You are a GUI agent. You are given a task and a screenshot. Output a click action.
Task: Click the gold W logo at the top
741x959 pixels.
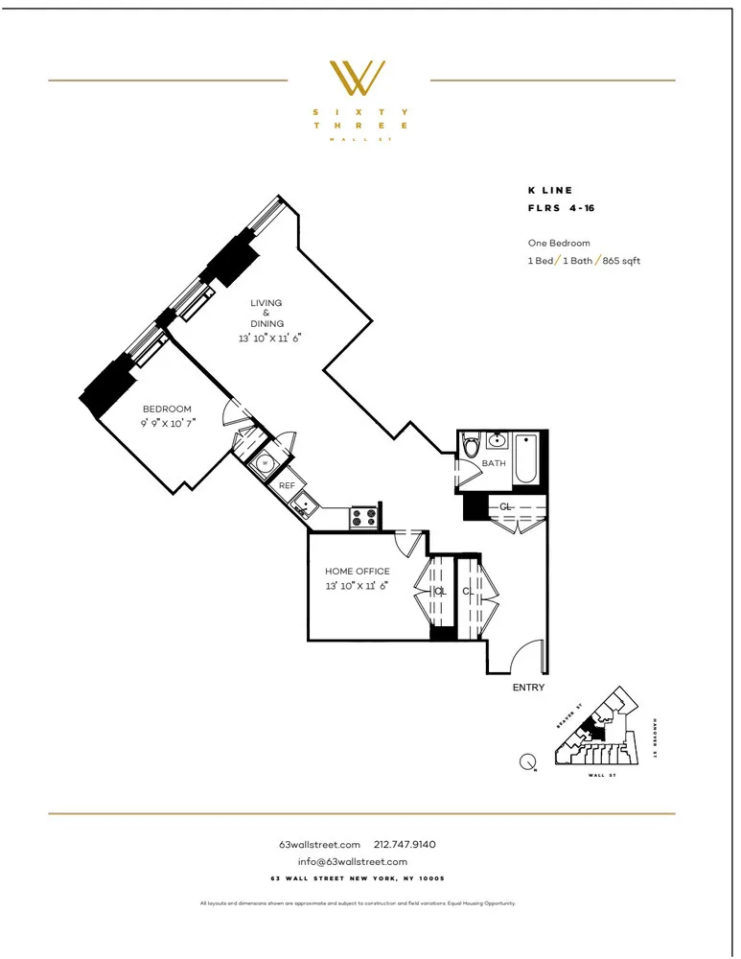[358, 79]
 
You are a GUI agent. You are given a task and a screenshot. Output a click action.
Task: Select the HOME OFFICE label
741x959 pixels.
[357, 572]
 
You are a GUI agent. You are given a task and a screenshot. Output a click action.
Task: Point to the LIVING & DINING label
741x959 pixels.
[266, 314]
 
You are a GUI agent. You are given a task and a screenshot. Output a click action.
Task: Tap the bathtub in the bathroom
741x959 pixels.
[527, 459]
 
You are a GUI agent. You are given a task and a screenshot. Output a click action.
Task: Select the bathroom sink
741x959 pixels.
[497, 442]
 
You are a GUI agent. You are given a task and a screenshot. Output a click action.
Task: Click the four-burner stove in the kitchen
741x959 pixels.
[364, 518]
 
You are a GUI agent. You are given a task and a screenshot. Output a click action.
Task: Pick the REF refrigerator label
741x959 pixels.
[287, 486]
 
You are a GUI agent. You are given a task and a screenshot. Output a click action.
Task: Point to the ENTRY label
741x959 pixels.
[528, 688]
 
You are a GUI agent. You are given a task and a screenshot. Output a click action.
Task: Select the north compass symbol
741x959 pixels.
[527, 762]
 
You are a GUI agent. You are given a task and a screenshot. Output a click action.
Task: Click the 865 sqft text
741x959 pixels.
[623, 261]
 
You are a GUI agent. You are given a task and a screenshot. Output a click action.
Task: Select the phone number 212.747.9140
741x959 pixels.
[405, 845]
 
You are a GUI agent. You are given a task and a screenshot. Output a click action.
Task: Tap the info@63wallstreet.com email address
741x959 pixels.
[353, 861]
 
